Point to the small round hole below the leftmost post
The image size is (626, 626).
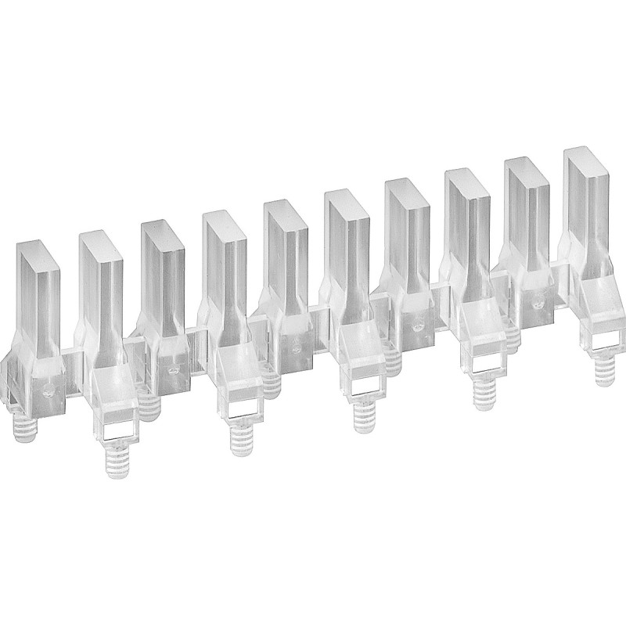(49, 388)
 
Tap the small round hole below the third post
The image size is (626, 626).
(172, 366)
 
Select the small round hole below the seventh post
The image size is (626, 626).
(416, 322)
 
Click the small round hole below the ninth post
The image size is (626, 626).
(537, 301)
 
